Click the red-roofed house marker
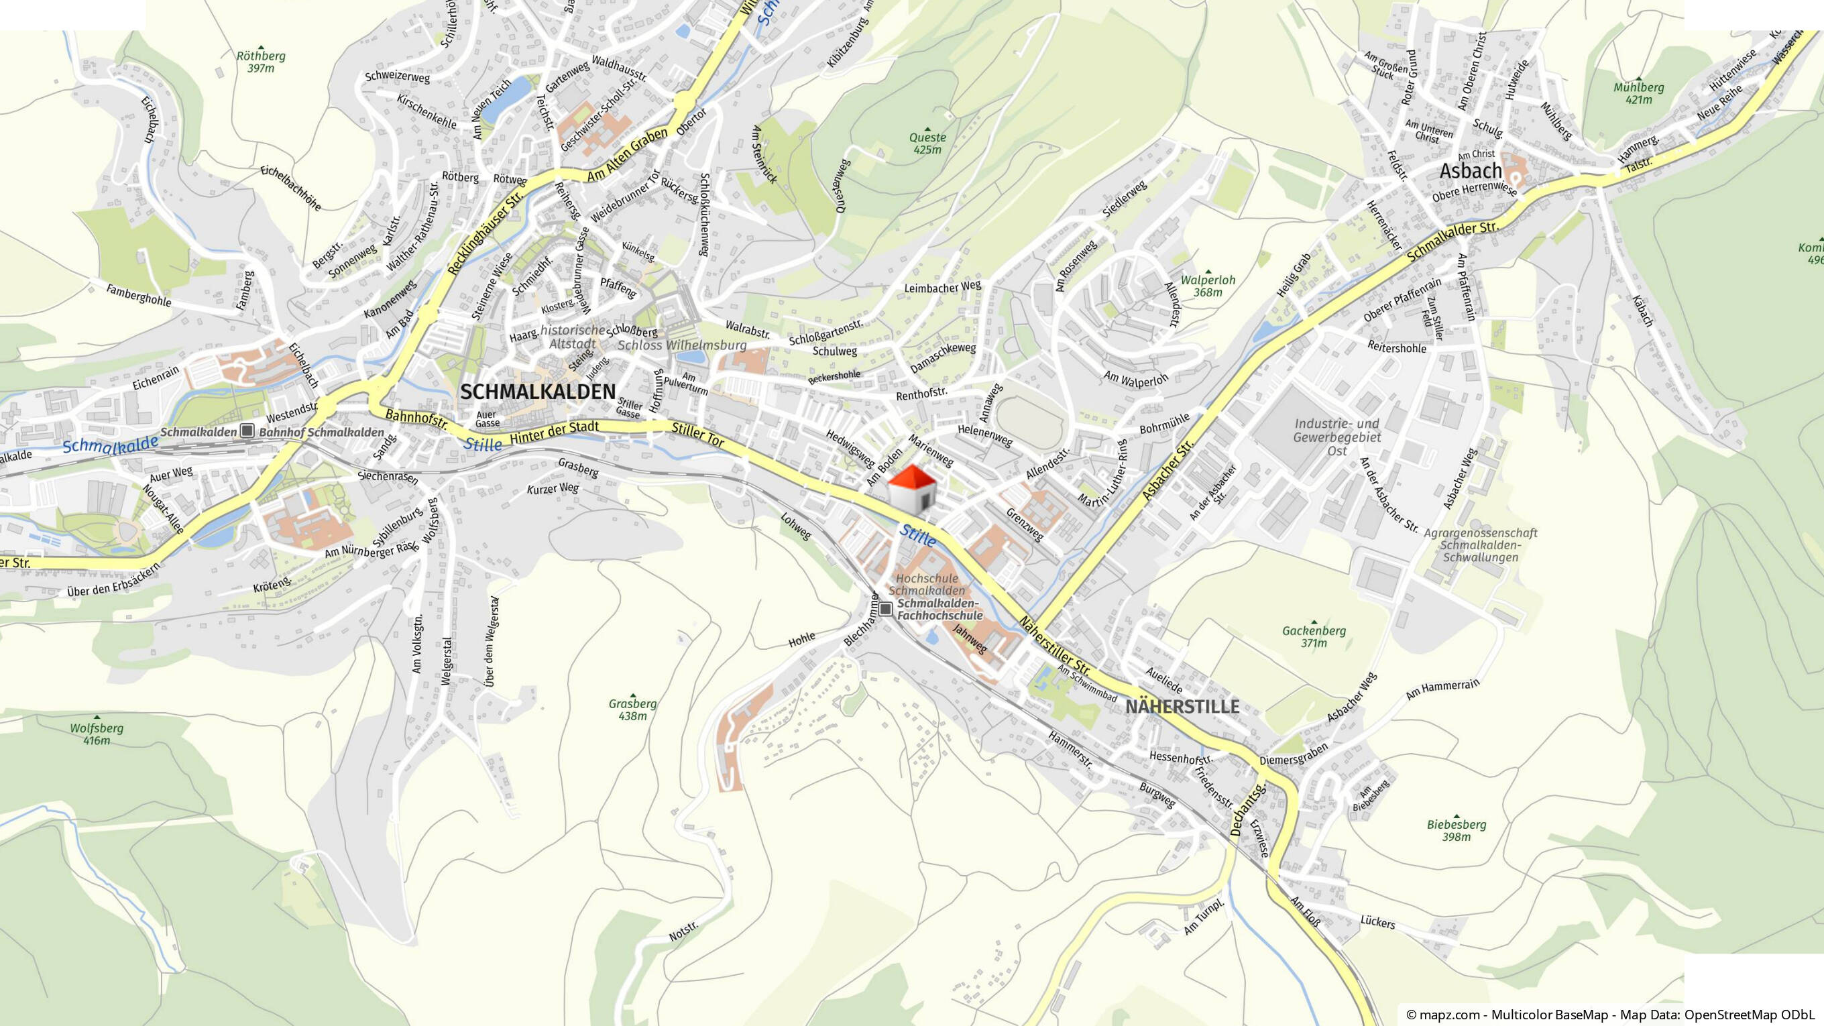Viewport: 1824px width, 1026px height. pos(912,489)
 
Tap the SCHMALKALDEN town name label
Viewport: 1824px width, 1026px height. pos(538,392)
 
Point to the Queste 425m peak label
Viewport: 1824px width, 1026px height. pos(927,143)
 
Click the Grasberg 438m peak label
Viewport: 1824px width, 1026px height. pos(632,709)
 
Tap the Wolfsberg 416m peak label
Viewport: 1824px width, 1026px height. pos(97,734)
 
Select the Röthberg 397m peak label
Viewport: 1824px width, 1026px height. pos(261,62)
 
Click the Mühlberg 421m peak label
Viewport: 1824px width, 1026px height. pos(1638,93)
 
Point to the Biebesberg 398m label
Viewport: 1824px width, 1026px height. pos(1457,831)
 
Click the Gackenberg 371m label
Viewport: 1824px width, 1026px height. pos(1314,636)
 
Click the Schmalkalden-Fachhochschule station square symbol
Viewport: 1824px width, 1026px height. pos(885,608)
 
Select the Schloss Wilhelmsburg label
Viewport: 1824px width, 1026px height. pos(682,345)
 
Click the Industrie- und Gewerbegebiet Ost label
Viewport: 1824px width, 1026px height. pos(1337,437)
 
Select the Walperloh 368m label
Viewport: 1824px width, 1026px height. pos(1208,286)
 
